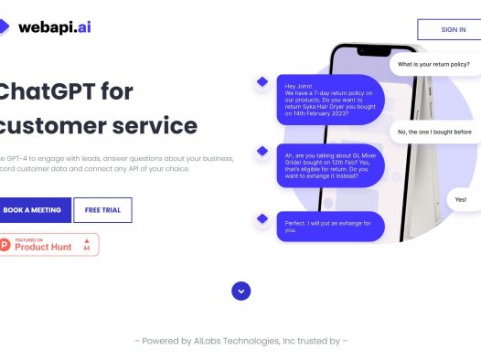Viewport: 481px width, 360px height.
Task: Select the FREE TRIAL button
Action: (x=102, y=210)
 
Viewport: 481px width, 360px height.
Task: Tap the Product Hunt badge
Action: (x=49, y=245)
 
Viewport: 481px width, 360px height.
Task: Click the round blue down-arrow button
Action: (x=240, y=291)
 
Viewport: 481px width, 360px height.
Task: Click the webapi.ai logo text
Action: (x=54, y=27)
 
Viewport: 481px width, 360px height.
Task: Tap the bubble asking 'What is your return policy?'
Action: (x=433, y=65)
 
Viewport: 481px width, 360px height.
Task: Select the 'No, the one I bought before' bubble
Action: (x=433, y=132)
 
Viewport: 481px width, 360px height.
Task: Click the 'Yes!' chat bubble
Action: (x=460, y=199)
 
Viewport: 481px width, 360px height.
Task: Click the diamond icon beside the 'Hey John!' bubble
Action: (x=262, y=82)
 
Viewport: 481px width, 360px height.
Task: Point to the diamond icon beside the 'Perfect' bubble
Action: (x=262, y=217)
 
